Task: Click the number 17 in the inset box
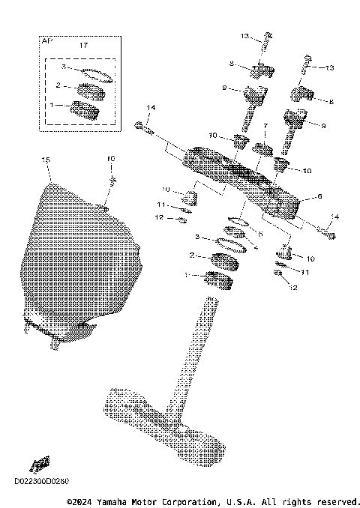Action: (82, 46)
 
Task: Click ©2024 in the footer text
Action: (80, 501)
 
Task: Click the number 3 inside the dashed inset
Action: (64, 67)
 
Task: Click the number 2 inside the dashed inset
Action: (57, 86)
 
